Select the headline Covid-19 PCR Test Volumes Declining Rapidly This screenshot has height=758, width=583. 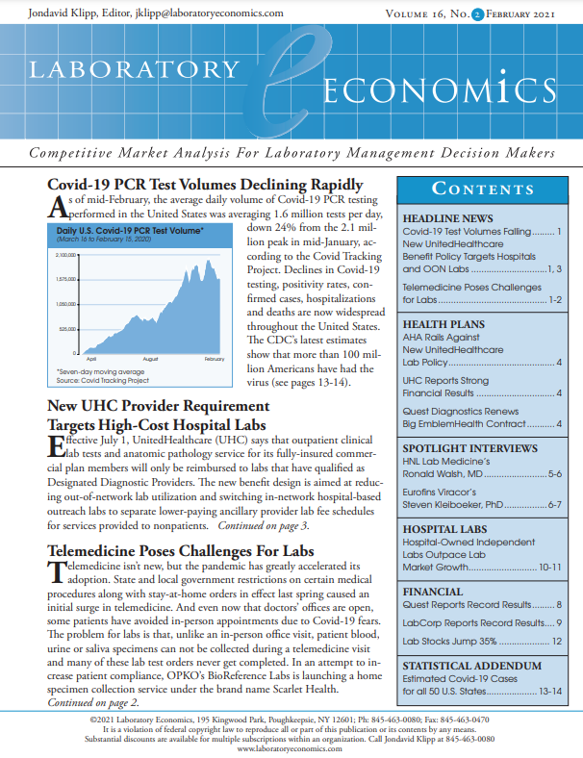(x=205, y=185)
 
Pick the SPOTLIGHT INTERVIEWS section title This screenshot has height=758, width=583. (x=469, y=448)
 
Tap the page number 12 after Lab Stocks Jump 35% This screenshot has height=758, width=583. (x=555, y=641)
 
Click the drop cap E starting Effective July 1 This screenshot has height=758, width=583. (x=55, y=449)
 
